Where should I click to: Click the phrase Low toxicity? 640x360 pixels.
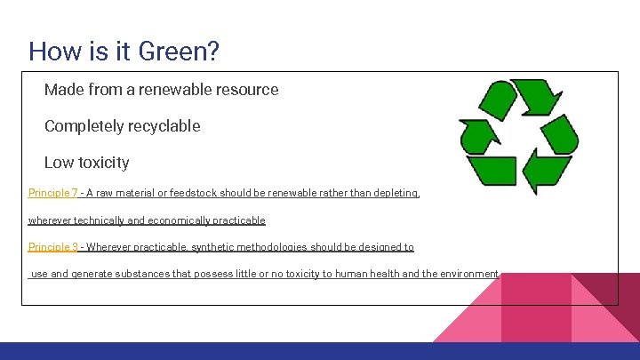(86, 163)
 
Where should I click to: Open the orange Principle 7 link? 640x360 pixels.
(53, 193)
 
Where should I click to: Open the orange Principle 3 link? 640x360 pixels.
(53, 247)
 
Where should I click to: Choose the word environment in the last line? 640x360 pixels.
(468, 274)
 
